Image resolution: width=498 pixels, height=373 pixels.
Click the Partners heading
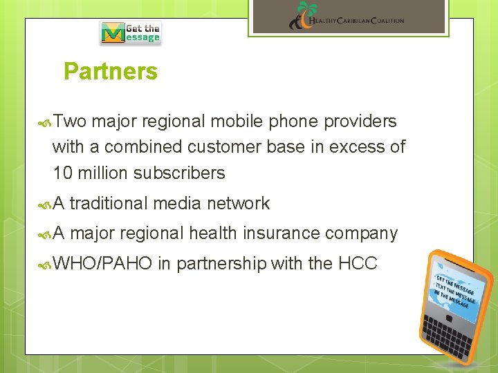(x=111, y=72)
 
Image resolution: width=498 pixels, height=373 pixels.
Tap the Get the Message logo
(x=131, y=32)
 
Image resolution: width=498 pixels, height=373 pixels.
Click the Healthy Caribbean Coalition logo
(x=347, y=17)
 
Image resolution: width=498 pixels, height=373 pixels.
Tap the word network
(x=238, y=203)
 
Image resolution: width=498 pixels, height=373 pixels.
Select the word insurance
(x=281, y=233)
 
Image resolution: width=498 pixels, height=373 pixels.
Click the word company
(x=362, y=234)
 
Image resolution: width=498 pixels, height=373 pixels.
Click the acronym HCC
(x=358, y=263)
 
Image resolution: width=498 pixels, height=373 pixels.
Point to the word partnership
(x=221, y=264)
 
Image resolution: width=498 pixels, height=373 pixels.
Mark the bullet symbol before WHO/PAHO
(x=46, y=264)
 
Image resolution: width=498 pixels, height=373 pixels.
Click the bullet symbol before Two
(x=46, y=122)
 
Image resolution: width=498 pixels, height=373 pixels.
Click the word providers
(x=362, y=122)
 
